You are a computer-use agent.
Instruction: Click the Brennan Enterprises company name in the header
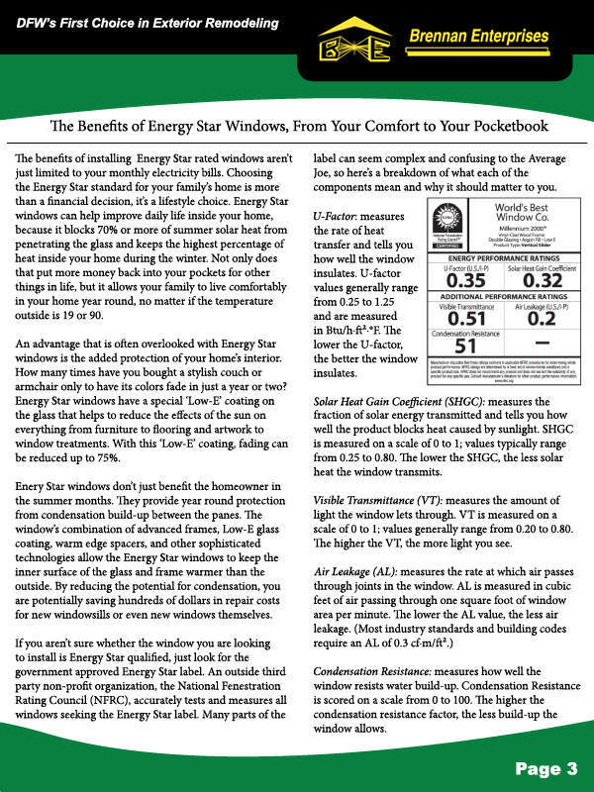(477, 37)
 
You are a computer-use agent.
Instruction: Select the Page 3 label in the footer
(544, 768)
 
